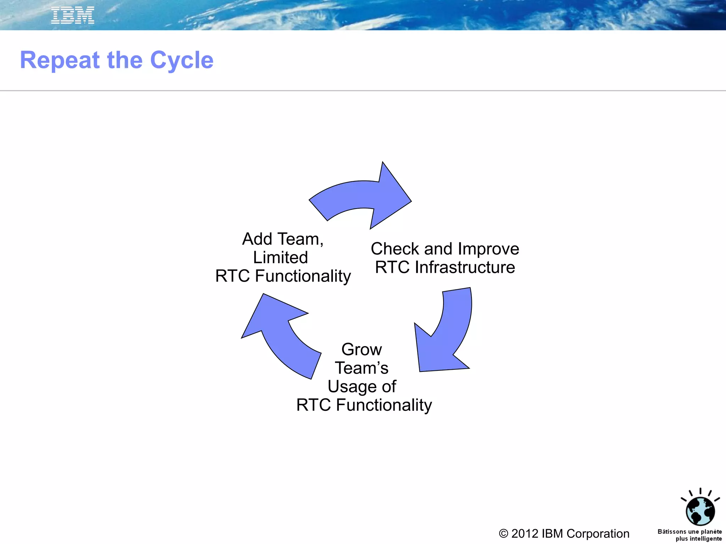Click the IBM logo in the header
pos(73,15)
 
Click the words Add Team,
pos(283,239)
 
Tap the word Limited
pos(280,257)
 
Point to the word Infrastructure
pos(465,267)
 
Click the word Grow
pos(362,350)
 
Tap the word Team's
pos(362,368)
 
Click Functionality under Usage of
pos(384,405)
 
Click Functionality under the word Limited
pos(303,276)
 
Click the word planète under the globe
pos(711,532)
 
